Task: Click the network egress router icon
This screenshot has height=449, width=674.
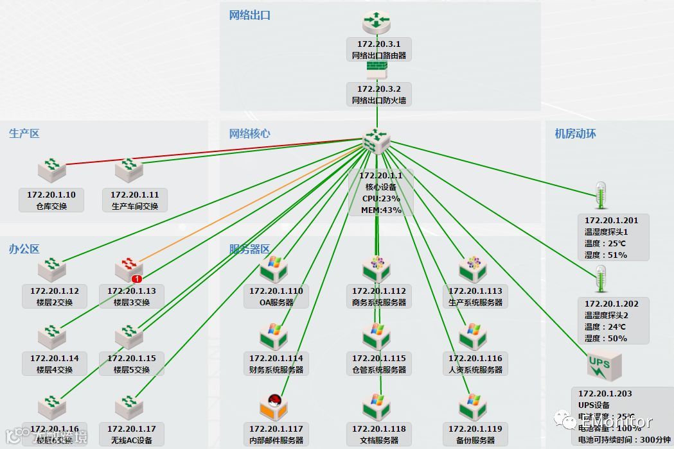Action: pos(377,23)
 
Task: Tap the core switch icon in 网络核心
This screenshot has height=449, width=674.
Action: pos(377,140)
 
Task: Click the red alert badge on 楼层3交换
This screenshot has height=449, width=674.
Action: pos(136,279)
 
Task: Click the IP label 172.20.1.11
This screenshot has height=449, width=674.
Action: pos(135,194)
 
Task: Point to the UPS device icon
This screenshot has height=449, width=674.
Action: pos(603,368)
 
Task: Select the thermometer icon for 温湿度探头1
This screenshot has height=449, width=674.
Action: pos(601,196)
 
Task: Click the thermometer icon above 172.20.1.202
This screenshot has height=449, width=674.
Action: pos(601,280)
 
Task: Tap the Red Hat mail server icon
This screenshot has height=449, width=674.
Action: pos(275,406)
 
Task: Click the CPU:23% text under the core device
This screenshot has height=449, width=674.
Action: pos(380,198)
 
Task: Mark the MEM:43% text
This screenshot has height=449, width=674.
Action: pos(380,210)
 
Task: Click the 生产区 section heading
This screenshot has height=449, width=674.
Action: pos(24,133)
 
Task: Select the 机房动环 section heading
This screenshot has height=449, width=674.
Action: pos(575,133)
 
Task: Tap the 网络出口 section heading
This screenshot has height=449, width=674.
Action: pos(250,15)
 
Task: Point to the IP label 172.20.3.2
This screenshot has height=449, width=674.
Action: pos(378,89)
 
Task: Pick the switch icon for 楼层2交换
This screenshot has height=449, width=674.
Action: pos(51,269)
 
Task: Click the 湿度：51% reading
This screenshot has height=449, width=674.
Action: pos(605,255)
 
